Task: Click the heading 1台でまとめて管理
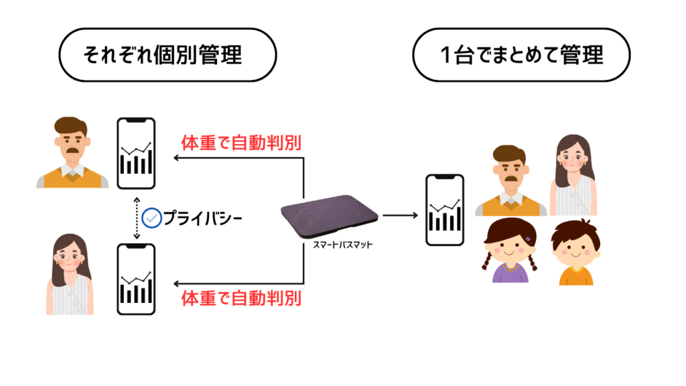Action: point(521,55)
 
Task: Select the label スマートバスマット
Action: point(343,245)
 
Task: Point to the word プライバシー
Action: point(202,218)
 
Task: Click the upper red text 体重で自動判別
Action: point(241,143)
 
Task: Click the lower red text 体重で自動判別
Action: point(241,297)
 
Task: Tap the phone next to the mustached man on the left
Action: point(136,153)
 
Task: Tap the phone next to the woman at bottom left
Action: point(136,279)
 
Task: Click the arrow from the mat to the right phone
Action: point(401,215)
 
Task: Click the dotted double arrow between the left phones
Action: point(136,218)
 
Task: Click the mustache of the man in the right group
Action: point(510,179)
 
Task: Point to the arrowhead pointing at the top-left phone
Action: point(176,158)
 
